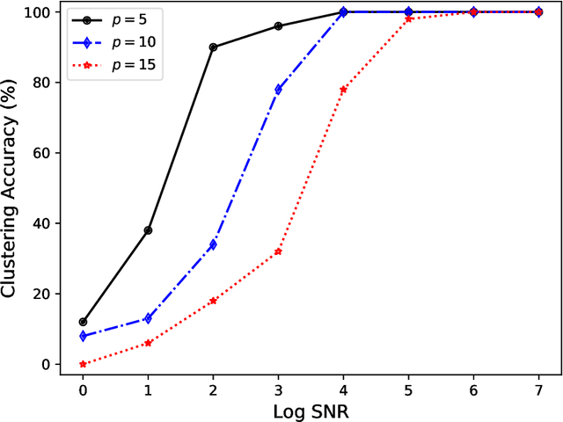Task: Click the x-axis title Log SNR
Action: pyautogui.click(x=311, y=410)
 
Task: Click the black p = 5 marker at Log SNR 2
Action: pyautogui.click(x=213, y=47)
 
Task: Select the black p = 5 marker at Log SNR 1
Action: pyautogui.click(x=148, y=230)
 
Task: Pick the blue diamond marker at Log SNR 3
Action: pyautogui.click(x=278, y=90)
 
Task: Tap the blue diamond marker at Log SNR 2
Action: pyautogui.click(x=213, y=244)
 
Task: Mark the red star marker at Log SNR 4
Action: pyautogui.click(x=343, y=90)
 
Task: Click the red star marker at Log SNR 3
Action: pyautogui.click(x=278, y=251)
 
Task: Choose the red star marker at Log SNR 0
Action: pyautogui.click(x=83, y=364)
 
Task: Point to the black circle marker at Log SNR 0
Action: pyautogui.click(x=83, y=322)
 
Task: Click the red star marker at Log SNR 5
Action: pyautogui.click(x=408, y=18)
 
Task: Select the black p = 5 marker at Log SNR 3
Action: pyautogui.click(x=278, y=26)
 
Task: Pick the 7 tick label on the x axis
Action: pyautogui.click(x=538, y=388)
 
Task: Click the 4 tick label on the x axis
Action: pyautogui.click(x=343, y=388)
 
